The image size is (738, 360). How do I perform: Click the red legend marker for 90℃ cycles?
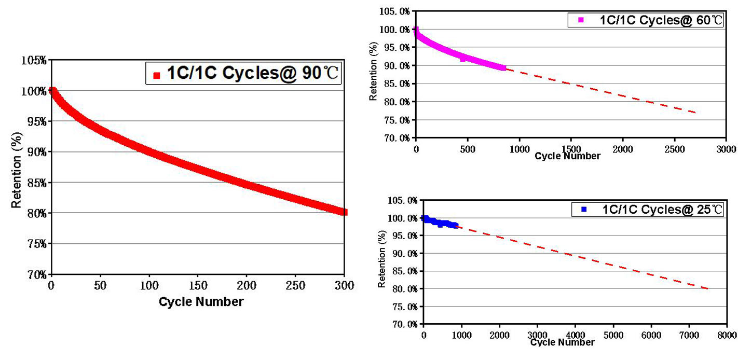157,75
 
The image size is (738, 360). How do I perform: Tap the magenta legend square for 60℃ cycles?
581,20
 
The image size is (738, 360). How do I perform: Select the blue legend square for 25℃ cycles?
584,210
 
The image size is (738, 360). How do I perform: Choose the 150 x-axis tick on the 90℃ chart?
198,285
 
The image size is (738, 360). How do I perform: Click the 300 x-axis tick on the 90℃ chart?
345,285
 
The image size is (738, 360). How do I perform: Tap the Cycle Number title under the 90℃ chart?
201,301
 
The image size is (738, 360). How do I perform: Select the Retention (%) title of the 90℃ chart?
17,168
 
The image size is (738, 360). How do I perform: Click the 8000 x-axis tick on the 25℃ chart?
726,335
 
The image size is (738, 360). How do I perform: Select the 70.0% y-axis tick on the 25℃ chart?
403,325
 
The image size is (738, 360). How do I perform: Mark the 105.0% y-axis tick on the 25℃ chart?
403,200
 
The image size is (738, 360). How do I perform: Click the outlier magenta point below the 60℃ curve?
462,60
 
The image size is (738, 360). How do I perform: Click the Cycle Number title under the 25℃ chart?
563,342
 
